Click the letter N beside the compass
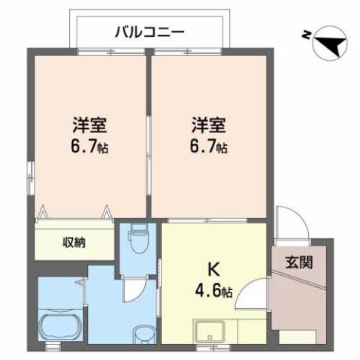point(305,35)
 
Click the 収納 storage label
point(74,242)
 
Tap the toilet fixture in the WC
point(137,241)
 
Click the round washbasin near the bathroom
point(141,332)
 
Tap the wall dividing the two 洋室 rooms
point(150,135)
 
